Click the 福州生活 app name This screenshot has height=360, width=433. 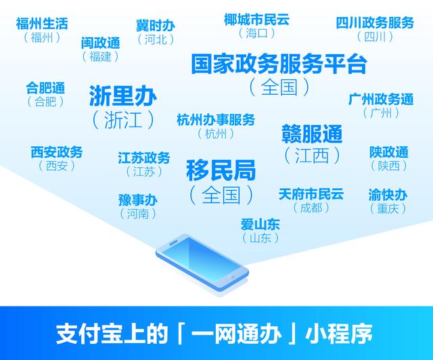42,24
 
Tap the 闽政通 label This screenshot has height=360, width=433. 101,43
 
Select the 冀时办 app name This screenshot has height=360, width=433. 156,26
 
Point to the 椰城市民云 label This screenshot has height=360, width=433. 256,20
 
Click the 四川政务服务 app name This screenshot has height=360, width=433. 375,22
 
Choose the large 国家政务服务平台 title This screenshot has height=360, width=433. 279,64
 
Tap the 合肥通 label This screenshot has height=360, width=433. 45,88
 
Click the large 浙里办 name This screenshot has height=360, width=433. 123,95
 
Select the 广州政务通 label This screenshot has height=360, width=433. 381,99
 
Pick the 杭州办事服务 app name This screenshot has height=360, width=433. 216,120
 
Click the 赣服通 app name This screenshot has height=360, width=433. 312,134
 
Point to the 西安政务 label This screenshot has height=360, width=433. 57,152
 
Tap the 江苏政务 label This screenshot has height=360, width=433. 144,158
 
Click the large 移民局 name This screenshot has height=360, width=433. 221,171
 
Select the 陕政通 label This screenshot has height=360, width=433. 389,152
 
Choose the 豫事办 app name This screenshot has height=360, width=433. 138,200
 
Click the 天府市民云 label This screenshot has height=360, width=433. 311,194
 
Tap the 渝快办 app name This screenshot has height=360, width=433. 388,195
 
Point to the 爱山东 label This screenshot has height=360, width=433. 260,225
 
